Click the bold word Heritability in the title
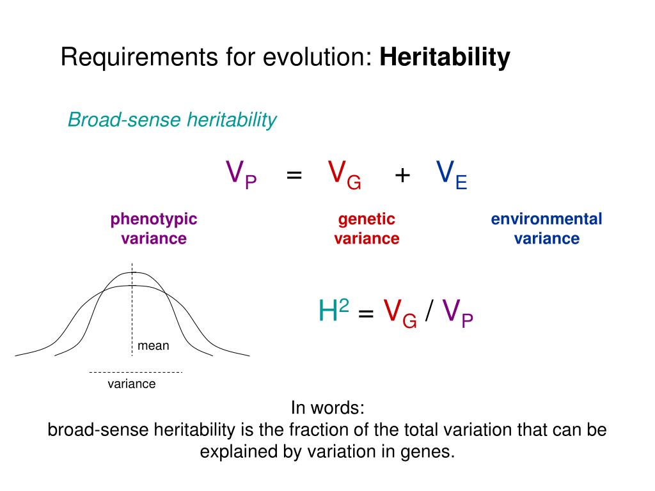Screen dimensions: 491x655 (445, 58)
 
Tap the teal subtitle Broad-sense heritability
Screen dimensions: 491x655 (172, 120)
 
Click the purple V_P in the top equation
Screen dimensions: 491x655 (241, 174)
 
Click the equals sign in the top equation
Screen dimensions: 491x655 (294, 175)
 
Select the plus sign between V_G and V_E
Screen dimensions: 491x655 (402, 175)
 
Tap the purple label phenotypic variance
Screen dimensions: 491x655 (154, 229)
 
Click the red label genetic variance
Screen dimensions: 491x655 (367, 229)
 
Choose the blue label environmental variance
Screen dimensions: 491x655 (546, 229)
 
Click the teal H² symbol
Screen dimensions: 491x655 (333, 311)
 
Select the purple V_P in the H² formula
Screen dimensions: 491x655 (457, 313)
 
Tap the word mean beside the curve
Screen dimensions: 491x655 (154, 346)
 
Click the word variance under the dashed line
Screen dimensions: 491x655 (131, 384)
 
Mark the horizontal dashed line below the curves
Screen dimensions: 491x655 (136, 371)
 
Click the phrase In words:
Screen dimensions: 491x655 (327, 407)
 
